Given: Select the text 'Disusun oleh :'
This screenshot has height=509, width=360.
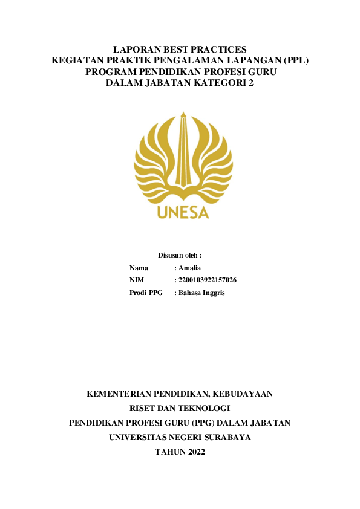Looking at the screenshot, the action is [180, 256].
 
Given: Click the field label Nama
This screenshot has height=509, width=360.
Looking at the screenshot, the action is [139, 268].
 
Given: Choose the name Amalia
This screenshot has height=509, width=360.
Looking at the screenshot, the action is [189, 268].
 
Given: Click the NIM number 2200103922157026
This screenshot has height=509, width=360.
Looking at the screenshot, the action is [207, 280].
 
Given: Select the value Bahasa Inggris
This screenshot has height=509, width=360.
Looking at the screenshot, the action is [201, 293].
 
